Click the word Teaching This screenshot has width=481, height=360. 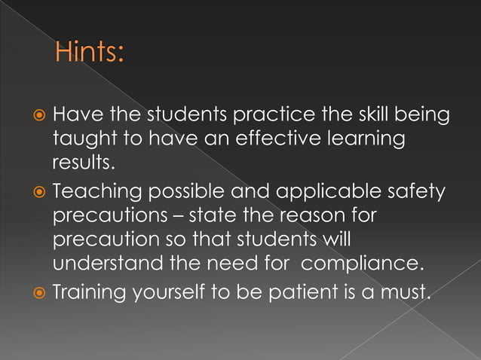coord(100,193)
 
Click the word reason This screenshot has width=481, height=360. coord(315,216)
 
